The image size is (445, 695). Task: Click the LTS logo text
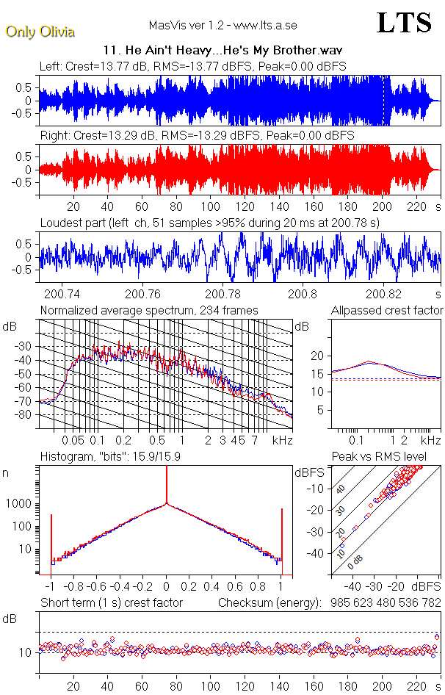click(404, 23)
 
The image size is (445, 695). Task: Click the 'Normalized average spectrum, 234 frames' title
click(149, 310)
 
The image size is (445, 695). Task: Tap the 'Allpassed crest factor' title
click(387, 310)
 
